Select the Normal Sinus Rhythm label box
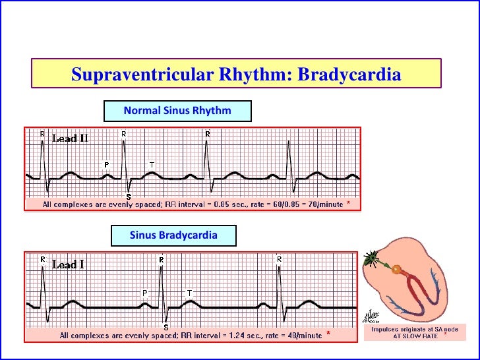pos(177,111)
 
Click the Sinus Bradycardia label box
pos(173,235)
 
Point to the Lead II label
pos(70,138)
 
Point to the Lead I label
pos(68,264)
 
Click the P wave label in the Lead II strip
pos(107,164)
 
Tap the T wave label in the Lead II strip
pos(152,164)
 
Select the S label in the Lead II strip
pos(128,196)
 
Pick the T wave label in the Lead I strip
pos(190,291)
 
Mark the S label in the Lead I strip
pos(165,326)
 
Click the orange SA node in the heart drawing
pos(396,270)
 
